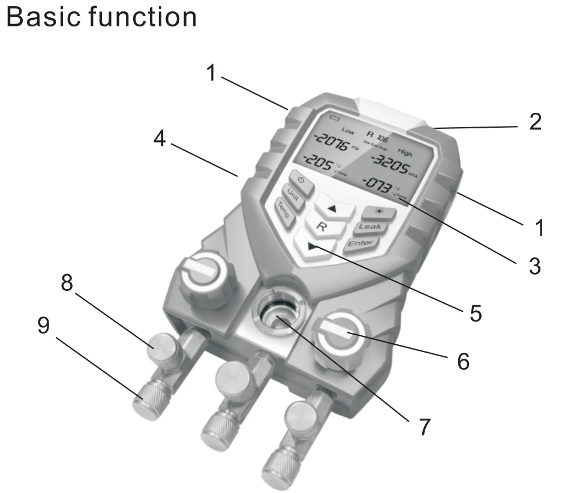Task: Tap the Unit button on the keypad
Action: (294, 194)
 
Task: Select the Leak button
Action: (370, 227)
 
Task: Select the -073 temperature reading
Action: (381, 185)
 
